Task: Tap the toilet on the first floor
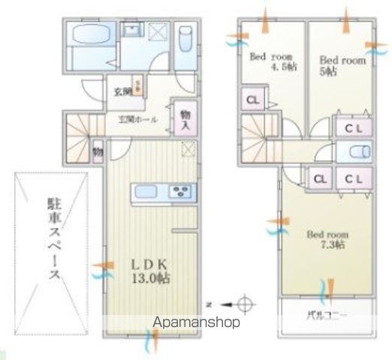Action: [x=185, y=37]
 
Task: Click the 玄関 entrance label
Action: [x=123, y=91]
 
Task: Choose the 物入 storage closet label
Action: [x=185, y=120]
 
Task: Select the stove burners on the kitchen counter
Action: [x=182, y=192]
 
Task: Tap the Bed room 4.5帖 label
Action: [x=273, y=61]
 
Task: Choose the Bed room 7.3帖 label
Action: [x=327, y=239]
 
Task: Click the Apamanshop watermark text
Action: [x=197, y=322]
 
